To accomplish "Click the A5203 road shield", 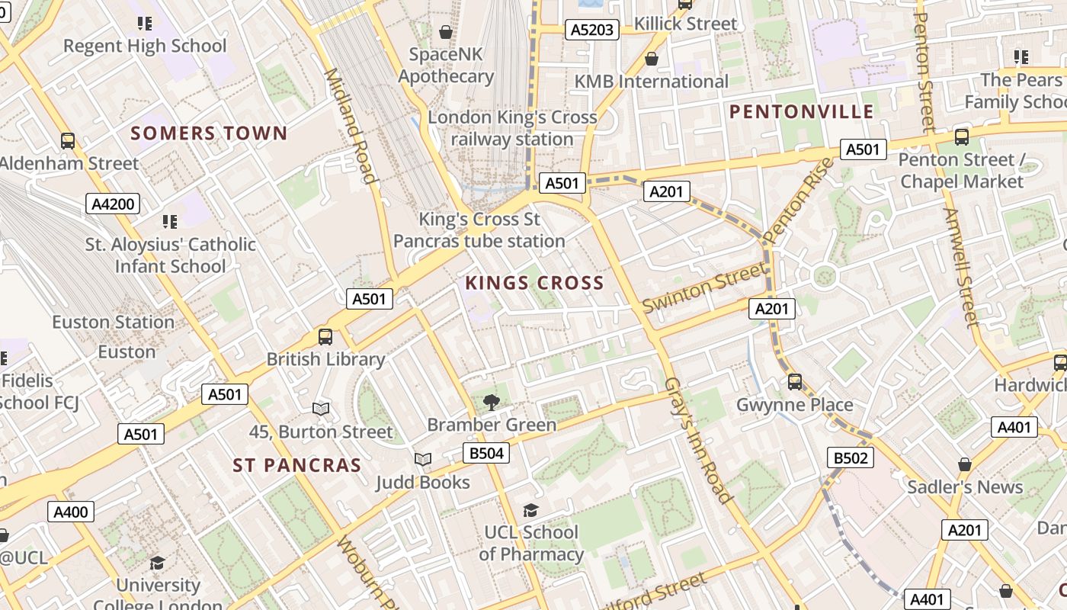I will click(592, 30).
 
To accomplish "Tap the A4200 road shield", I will click(114, 204).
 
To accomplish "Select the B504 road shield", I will click(485, 454).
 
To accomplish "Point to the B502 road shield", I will click(851, 457).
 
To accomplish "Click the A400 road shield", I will click(71, 512).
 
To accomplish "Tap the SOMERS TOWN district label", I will click(209, 133).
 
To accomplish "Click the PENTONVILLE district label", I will click(802, 112).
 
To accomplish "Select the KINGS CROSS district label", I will click(534, 284).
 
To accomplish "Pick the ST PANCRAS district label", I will click(297, 465).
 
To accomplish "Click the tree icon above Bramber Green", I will click(492, 401).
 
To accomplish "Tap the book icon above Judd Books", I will click(423, 459).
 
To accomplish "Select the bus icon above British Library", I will click(325, 336).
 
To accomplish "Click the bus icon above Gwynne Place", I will click(795, 381).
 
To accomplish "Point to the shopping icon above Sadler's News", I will click(965, 464).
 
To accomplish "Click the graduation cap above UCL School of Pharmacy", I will click(530, 509).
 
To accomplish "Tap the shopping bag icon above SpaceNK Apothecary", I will click(446, 32).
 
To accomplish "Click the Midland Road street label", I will click(351, 126).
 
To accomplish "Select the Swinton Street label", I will click(703, 288).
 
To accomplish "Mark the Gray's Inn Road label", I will click(698, 440).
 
